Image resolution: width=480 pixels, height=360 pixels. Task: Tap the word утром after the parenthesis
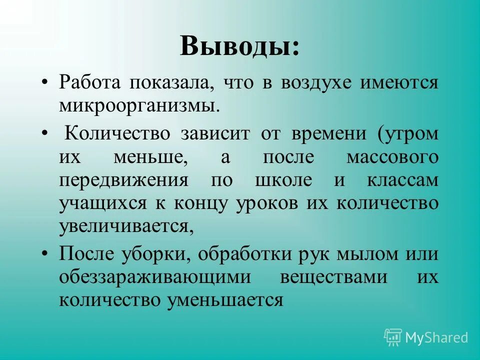click(x=411, y=133)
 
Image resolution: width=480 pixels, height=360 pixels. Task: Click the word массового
click(x=392, y=157)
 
